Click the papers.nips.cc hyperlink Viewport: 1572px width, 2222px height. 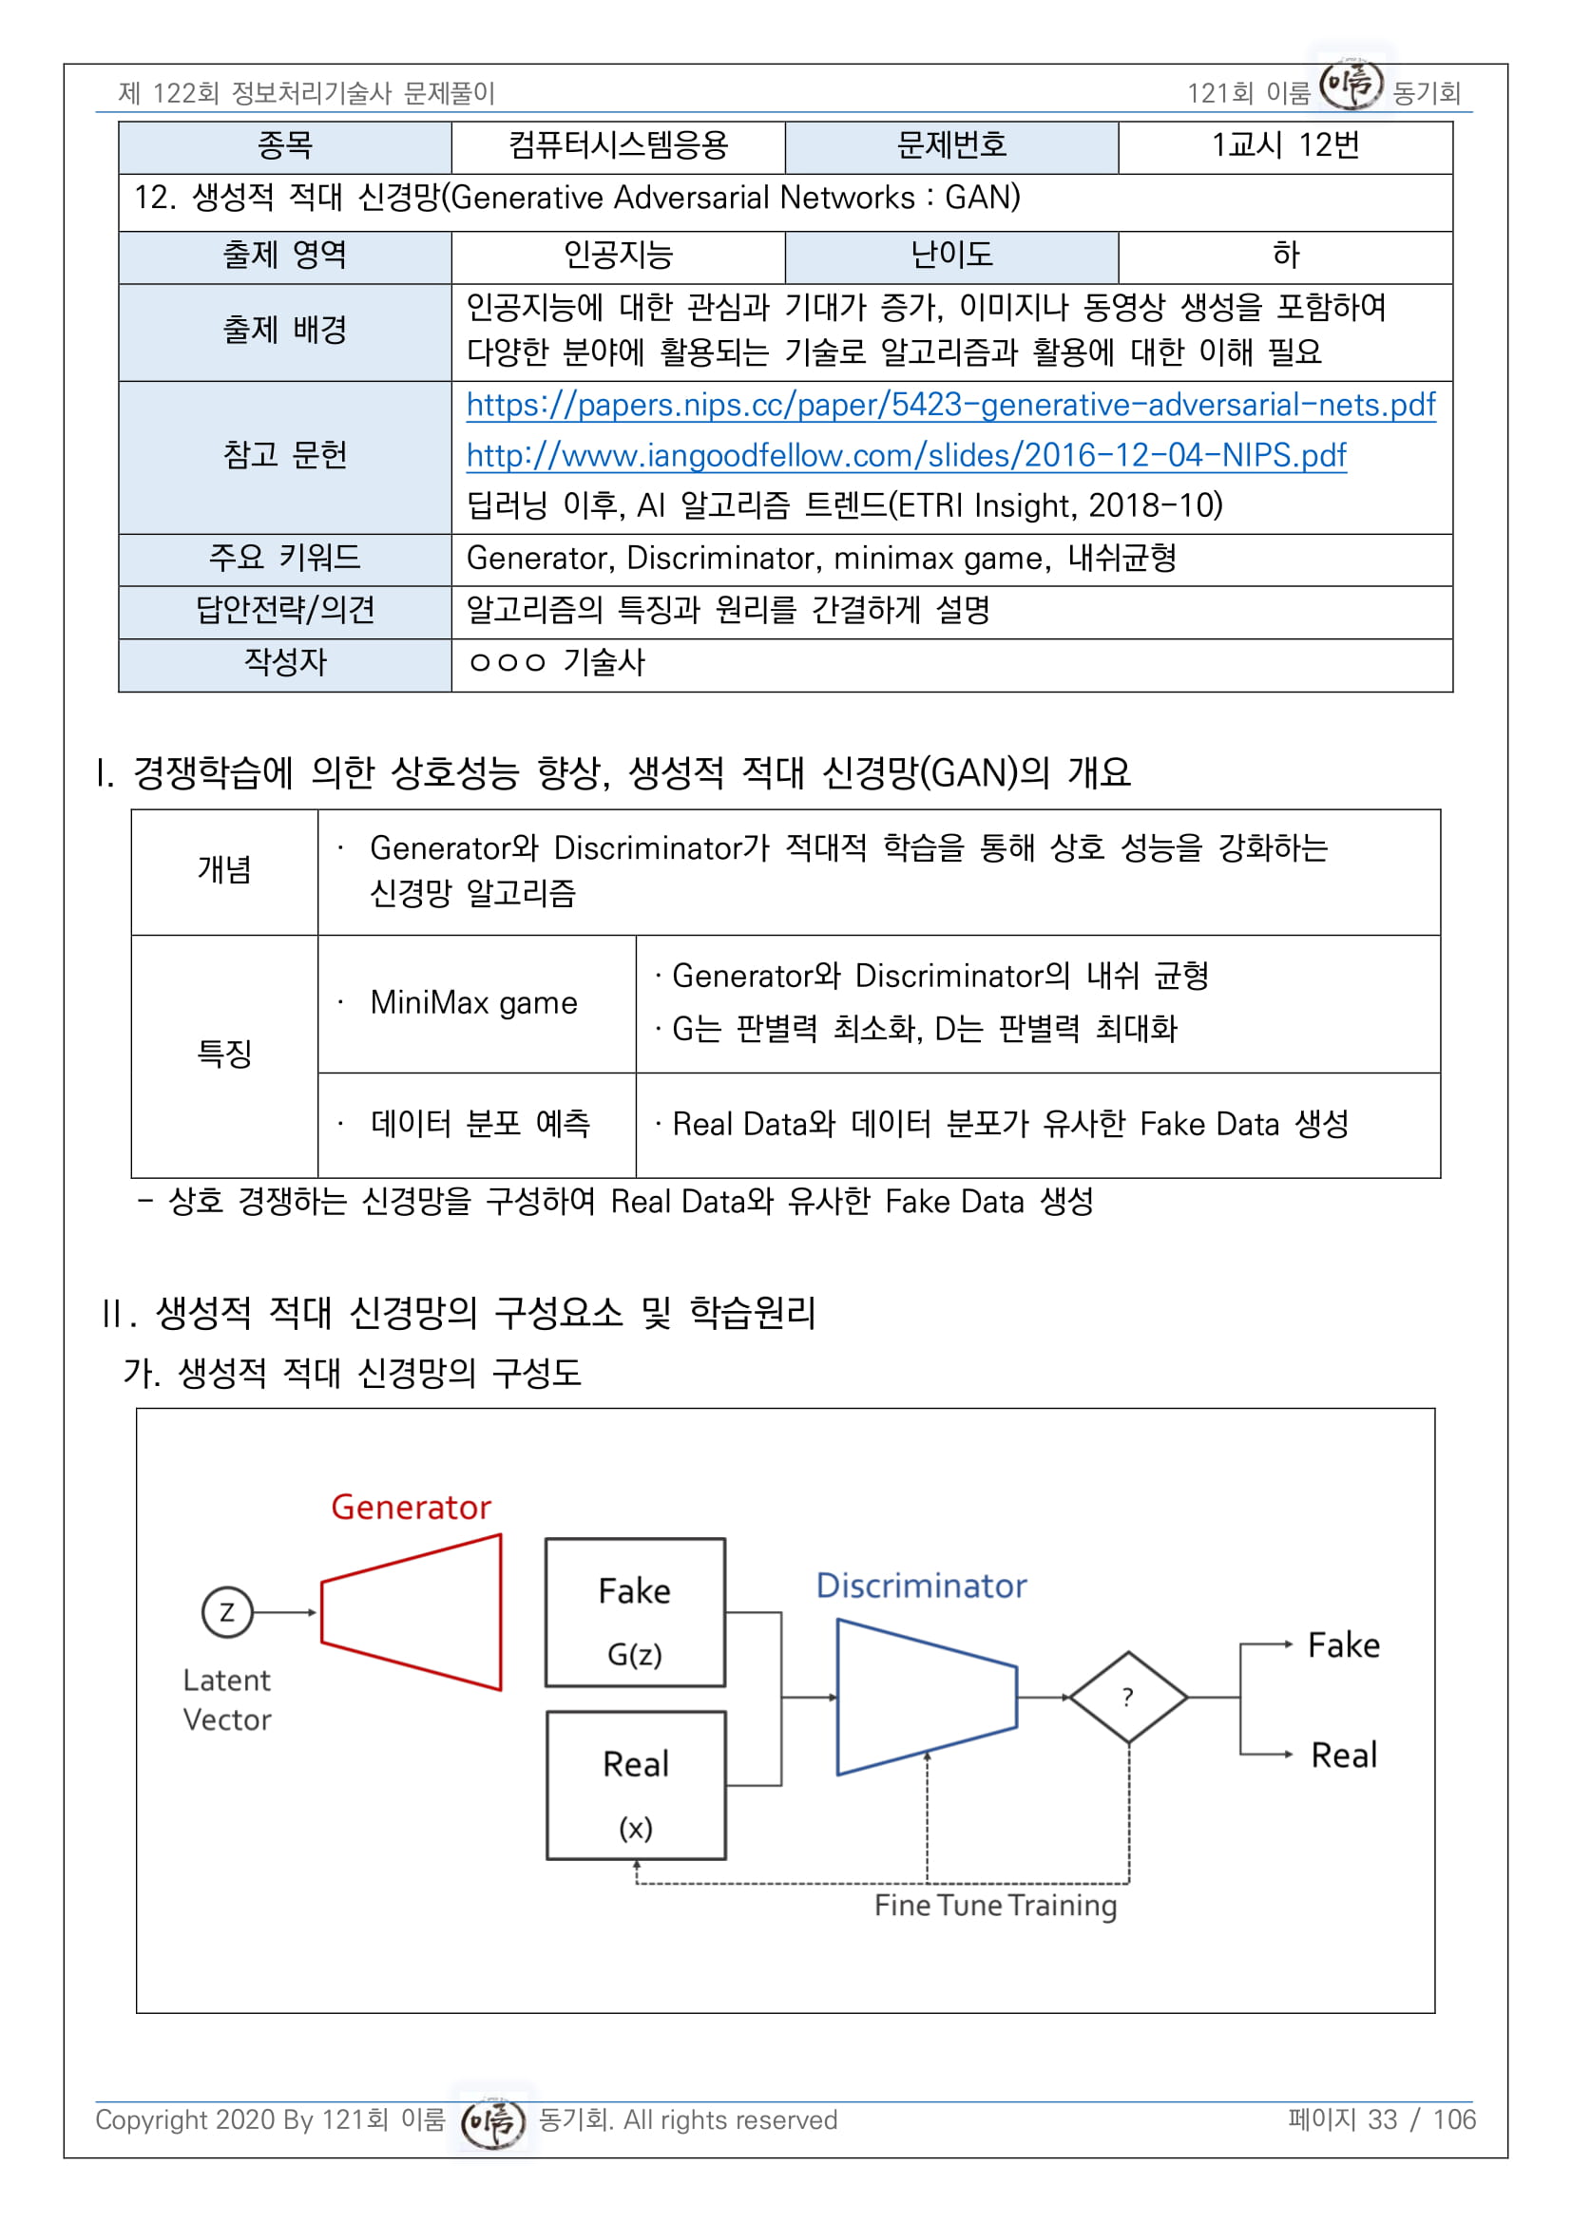pos(949,405)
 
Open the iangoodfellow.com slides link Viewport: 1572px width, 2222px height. pos(905,455)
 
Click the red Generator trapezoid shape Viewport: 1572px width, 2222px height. pos(412,1612)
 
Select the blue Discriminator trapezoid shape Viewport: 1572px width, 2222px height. pos(926,1697)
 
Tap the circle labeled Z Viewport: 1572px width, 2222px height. pos(226,1612)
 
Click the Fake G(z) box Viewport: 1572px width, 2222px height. pos(635,1612)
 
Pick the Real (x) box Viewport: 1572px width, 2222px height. pos(636,1786)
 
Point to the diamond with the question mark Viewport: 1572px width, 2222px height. pos(1128,1697)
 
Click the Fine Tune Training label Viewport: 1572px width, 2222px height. pos(995,1905)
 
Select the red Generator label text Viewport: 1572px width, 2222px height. pos(412,1507)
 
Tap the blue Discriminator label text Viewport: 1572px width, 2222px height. pos(921,1586)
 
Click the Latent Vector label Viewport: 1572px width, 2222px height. pos(226,1700)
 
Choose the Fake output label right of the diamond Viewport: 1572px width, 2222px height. pos(1343,1645)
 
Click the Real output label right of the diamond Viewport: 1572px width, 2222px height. pos(1344,1755)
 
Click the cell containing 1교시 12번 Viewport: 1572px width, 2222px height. pos(1285,145)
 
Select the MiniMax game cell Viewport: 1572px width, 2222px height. pos(474,1002)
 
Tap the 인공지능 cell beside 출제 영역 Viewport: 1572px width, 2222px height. pos(618,256)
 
